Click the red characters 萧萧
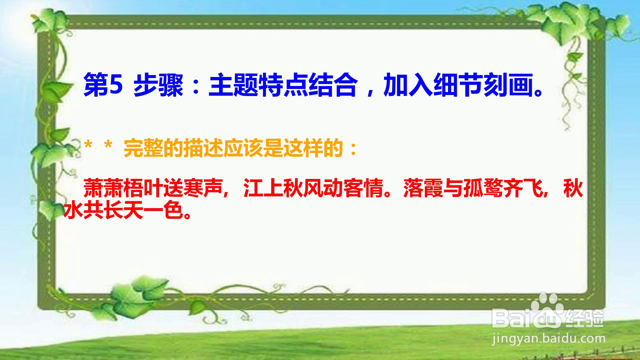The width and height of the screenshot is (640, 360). click(x=103, y=188)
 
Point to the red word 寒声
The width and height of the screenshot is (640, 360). click(x=203, y=188)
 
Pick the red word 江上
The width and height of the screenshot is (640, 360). click(x=263, y=188)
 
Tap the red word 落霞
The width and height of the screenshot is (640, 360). click(x=423, y=188)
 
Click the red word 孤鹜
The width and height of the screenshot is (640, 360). click(x=483, y=188)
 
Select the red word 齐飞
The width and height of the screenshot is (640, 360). click(x=523, y=188)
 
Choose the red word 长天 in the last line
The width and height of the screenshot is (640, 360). click(x=123, y=210)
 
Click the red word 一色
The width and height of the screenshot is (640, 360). click(x=163, y=210)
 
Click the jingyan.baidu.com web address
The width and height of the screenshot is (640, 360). click(x=549, y=339)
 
